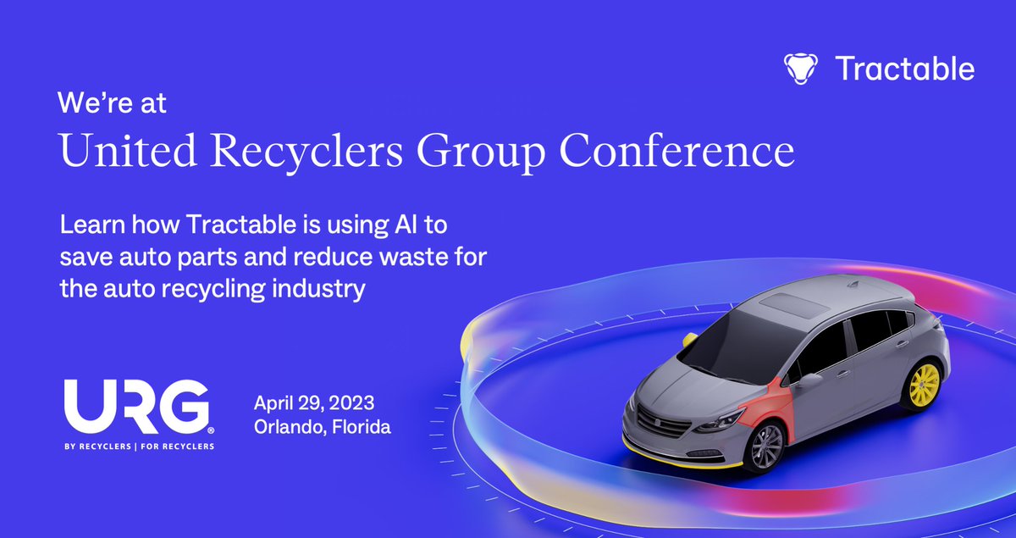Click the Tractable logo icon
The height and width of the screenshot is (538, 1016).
click(x=798, y=68)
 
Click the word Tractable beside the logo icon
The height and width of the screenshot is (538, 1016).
click(x=904, y=68)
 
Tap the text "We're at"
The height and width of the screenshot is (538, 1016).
click(x=113, y=103)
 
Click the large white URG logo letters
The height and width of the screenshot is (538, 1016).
click(x=135, y=407)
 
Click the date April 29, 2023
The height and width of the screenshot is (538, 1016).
click(x=314, y=402)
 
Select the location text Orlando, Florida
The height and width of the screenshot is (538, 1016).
click(x=323, y=427)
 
